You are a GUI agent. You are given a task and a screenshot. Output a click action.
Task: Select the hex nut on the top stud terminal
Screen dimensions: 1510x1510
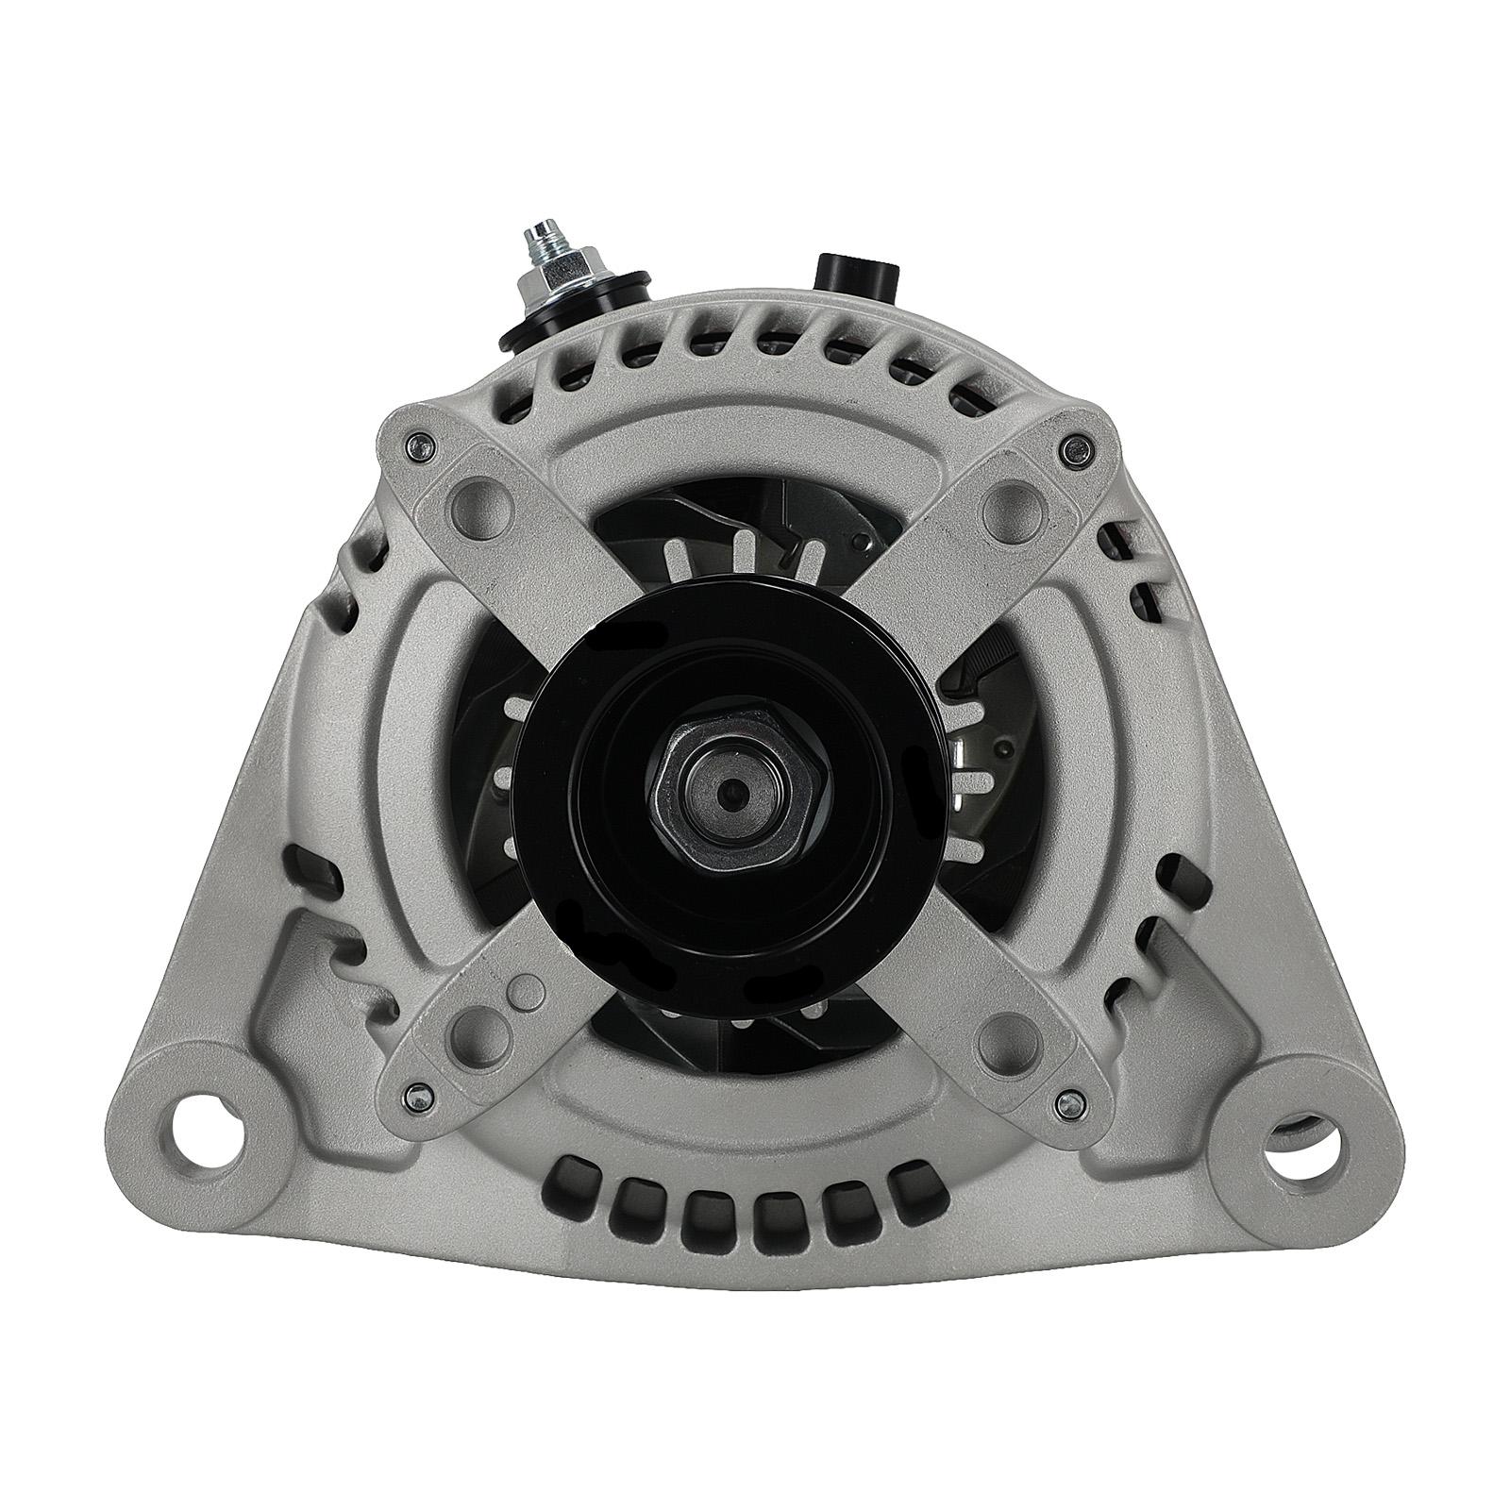(x=564, y=274)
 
